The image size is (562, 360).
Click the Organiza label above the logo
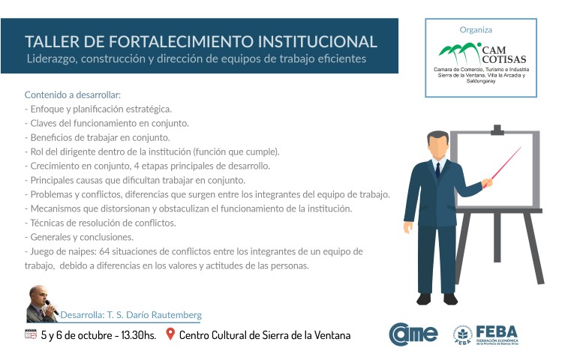click(x=476, y=30)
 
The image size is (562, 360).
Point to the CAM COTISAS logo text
click(x=503, y=55)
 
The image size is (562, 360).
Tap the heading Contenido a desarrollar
click(x=73, y=95)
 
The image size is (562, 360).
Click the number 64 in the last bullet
click(x=104, y=251)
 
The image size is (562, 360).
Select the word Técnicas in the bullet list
click(x=45, y=223)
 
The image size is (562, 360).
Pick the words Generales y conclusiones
click(x=82, y=237)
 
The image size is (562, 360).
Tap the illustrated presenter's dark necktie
click(x=437, y=169)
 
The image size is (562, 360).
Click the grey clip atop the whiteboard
click(x=497, y=130)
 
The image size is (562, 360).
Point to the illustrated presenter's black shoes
click(x=437, y=299)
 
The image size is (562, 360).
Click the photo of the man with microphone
click(x=42, y=304)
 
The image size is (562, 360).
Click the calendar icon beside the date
click(x=31, y=334)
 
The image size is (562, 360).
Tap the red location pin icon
click(x=170, y=334)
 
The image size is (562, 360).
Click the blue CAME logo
click(x=413, y=334)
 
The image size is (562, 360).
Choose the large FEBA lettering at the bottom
click(x=497, y=331)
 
